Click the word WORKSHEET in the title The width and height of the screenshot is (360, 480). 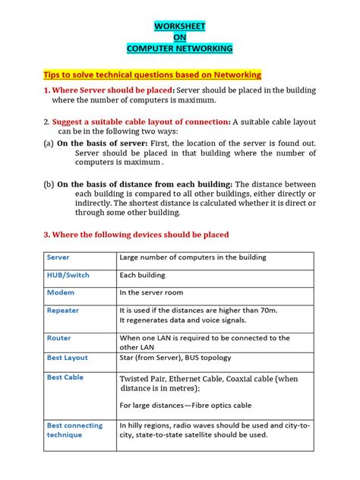180,27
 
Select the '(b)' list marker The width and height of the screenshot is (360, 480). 48,183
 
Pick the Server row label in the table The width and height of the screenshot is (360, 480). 58,258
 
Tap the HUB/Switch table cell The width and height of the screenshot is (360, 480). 68,275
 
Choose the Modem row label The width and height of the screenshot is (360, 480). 61,292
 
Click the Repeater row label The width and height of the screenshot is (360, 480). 63,311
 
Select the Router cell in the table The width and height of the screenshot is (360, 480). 59,338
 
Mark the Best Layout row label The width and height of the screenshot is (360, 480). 68,357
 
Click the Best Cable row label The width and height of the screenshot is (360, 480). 65,377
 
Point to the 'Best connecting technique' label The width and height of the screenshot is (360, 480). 74,431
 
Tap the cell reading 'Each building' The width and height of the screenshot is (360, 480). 143,275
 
